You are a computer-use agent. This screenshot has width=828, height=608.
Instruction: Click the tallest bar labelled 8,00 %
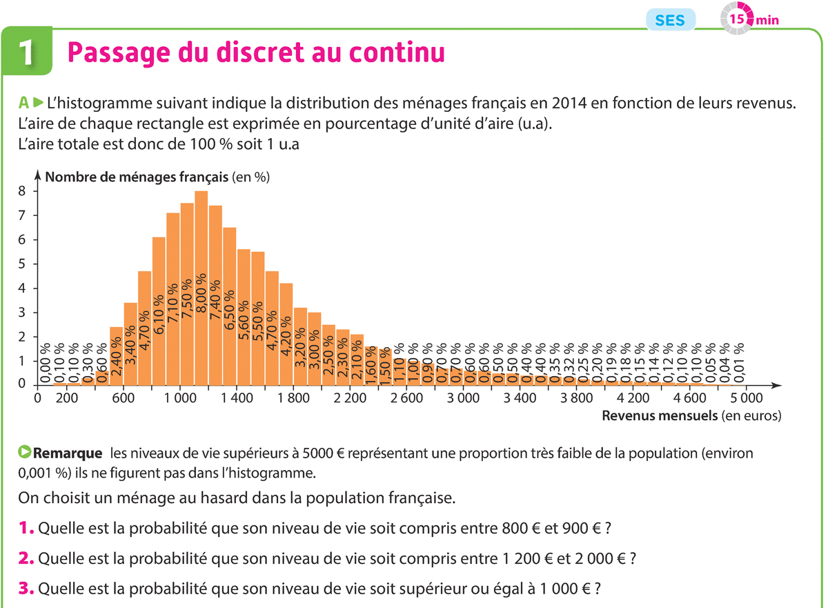(201, 290)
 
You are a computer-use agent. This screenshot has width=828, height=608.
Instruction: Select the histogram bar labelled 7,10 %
(172, 304)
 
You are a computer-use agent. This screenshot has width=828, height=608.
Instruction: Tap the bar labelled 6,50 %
(230, 311)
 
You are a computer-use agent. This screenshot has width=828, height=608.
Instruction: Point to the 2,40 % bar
(116, 359)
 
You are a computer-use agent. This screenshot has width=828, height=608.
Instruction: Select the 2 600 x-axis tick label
(406, 398)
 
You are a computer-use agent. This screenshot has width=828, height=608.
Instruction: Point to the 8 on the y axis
(22, 191)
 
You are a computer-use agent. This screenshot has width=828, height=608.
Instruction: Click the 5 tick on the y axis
(22, 264)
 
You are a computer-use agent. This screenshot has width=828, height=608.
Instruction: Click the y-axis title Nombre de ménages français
(136, 177)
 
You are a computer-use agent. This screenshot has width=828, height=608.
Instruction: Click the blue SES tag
(670, 20)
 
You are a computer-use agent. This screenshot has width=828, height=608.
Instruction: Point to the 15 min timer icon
(738, 19)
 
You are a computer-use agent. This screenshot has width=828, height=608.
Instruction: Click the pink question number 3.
(27, 590)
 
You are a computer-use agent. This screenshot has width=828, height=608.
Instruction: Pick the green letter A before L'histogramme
(24, 104)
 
